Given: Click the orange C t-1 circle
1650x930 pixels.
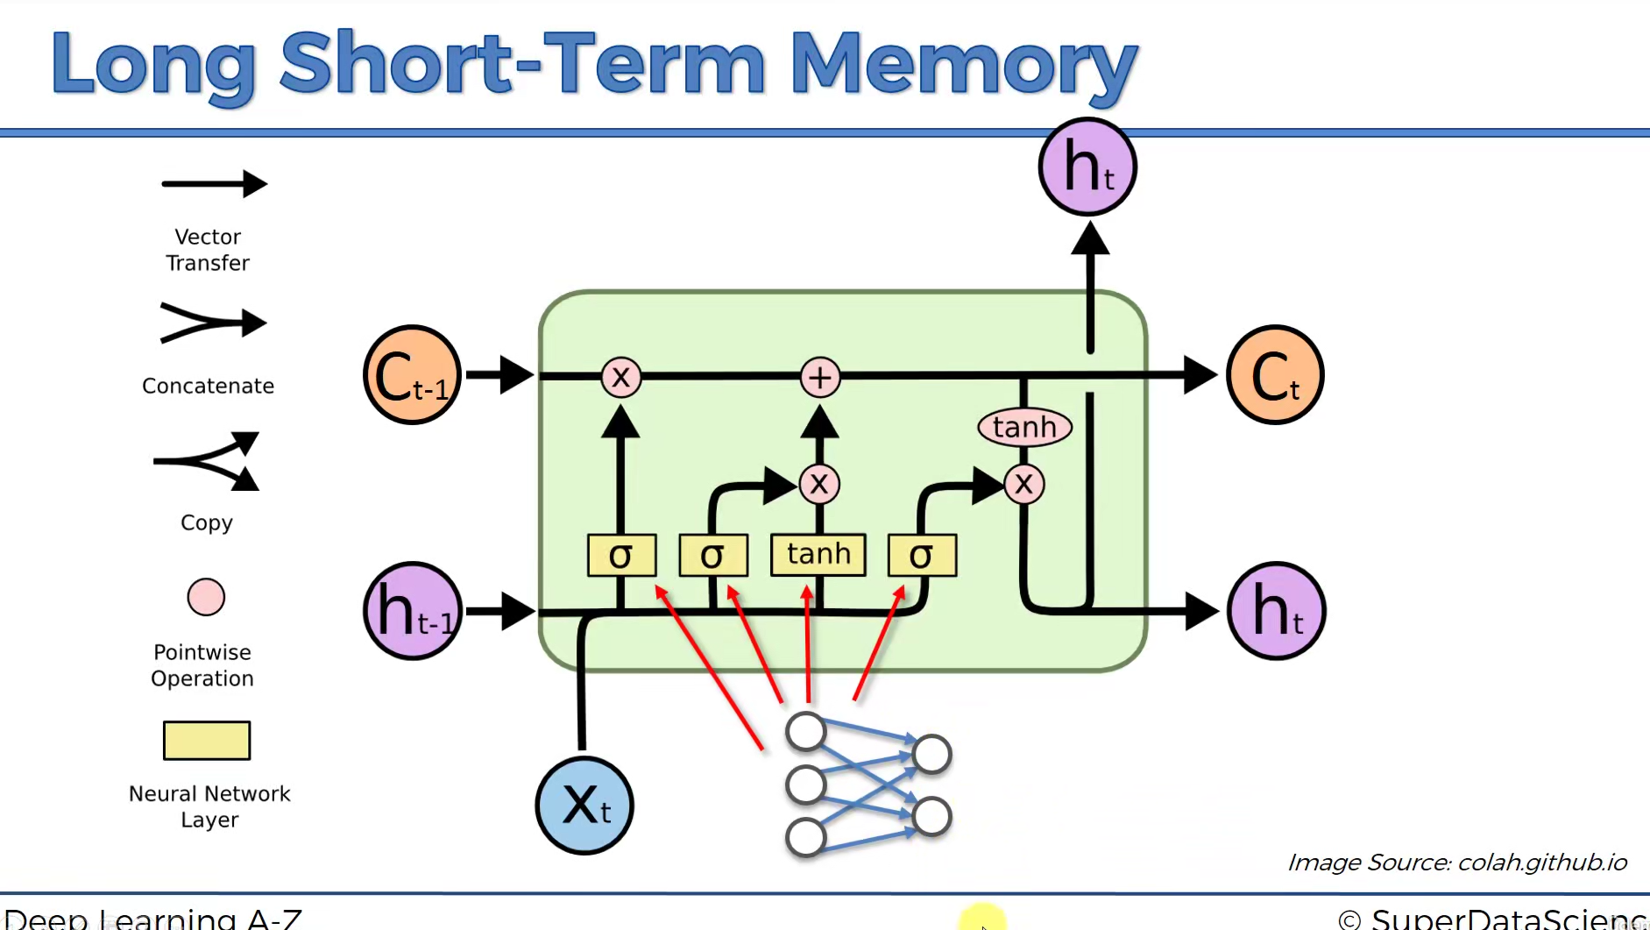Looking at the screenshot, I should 412,375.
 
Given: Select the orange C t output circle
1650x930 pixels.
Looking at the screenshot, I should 1275,375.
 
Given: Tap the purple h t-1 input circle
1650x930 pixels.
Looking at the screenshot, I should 412,611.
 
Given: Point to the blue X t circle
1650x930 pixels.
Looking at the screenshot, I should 584,805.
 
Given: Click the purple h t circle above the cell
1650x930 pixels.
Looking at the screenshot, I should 1087,167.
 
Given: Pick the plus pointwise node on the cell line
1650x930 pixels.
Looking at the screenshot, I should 820,377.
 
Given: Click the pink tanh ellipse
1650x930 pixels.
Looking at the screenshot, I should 1024,428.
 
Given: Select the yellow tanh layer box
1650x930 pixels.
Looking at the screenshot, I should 818,555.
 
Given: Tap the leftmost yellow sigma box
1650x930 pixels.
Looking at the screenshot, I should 621,555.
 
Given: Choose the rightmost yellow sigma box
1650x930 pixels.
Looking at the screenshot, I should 922,555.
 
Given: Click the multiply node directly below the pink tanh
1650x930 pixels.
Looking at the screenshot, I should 1024,484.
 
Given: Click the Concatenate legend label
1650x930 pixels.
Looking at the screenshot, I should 208,386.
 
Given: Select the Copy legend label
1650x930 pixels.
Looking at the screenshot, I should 207,522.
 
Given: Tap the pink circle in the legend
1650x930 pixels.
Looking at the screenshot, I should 206,597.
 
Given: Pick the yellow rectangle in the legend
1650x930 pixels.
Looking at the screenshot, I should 207,741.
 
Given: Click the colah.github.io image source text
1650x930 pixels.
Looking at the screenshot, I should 1456,863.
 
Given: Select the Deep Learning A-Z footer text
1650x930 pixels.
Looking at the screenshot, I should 153,919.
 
